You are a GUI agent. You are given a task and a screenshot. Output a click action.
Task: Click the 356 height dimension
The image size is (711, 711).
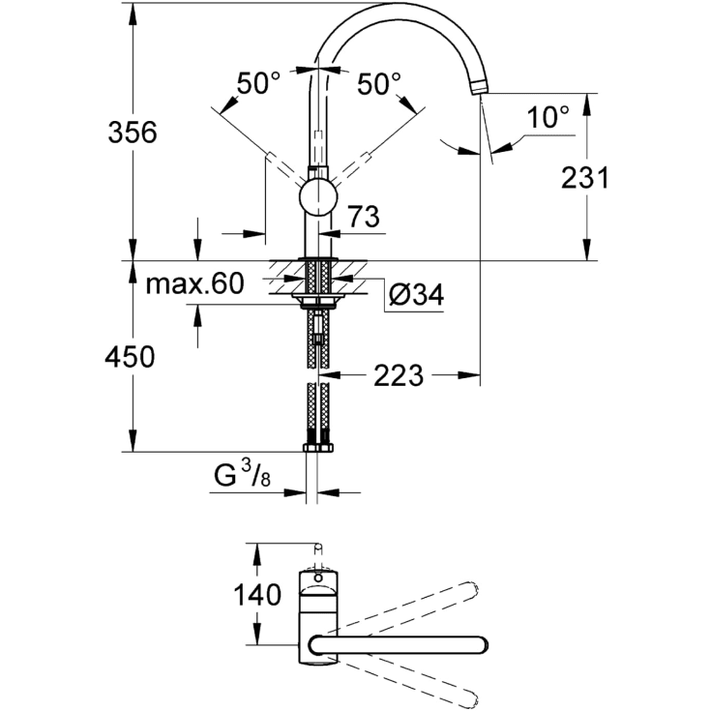[x=133, y=133]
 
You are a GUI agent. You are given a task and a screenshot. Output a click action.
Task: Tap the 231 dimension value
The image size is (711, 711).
[x=585, y=177]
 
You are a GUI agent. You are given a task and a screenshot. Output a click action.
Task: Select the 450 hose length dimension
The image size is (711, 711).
[x=130, y=356]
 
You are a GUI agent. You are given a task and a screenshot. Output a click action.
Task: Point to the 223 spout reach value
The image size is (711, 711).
[x=399, y=375]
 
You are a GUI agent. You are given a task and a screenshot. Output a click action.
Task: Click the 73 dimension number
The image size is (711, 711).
[x=364, y=217]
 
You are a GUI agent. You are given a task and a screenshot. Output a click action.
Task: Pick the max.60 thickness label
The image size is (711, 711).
[x=195, y=283]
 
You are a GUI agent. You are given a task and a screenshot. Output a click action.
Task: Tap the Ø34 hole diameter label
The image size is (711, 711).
[x=416, y=295]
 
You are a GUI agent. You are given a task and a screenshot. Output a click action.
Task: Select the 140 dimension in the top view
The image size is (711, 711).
[x=257, y=595]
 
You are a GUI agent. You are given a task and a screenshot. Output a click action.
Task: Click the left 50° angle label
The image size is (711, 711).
[x=258, y=83]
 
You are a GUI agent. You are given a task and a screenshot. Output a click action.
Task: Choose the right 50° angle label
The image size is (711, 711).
[x=379, y=83]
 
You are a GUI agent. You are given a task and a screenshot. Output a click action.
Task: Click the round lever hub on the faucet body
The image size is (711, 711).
[x=318, y=197]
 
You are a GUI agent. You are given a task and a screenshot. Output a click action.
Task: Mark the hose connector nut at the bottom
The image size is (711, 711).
[x=318, y=448]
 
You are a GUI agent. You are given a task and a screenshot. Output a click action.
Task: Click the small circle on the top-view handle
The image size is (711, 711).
[x=318, y=578]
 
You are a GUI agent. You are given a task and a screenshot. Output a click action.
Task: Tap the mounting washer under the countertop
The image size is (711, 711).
[x=318, y=298]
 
